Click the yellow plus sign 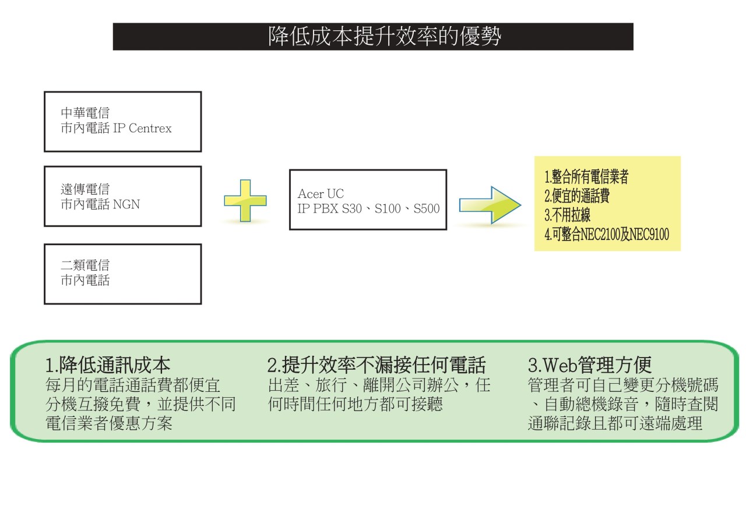coord(245,201)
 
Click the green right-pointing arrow coord(490,205)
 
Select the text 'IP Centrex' coord(142,128)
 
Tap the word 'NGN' coord(126,204)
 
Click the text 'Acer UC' coord(321,194)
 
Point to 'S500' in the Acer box coord(426,208)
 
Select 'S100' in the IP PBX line coord(388,208)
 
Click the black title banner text coord(385,36)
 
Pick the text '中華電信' coord(85,113)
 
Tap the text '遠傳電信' coord(85,189)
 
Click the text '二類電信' coord(85,265)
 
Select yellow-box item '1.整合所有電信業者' coord(586,176)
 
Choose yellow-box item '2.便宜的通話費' coord(577,196)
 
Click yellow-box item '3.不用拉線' coord(568,215)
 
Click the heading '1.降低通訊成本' coord(108,365)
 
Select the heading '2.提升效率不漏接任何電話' coord(376,365)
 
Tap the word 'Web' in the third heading coord(561,365)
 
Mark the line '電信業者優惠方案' coord(109,423)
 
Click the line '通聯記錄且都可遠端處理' coord(615,423)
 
